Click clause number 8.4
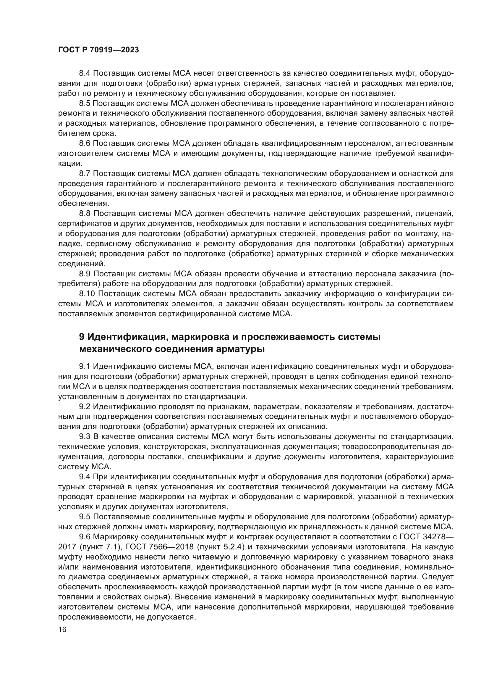pos(85,74)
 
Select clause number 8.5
pos(85,104)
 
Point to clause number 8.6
pos(85,143)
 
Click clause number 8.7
pos(85,174)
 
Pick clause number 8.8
pos(85,214)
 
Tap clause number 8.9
pos(85,274)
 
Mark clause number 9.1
pos(85,367)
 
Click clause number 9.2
pos(85,407)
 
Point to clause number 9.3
pos(85,436)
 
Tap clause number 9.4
pos(85,477)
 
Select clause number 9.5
pos(85,517)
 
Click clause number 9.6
pos(85,537)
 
